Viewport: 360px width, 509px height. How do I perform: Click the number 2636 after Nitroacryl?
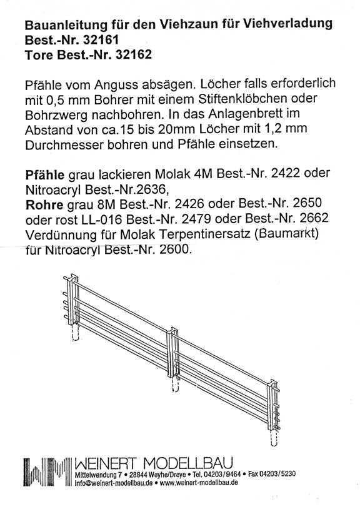point(147,188)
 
